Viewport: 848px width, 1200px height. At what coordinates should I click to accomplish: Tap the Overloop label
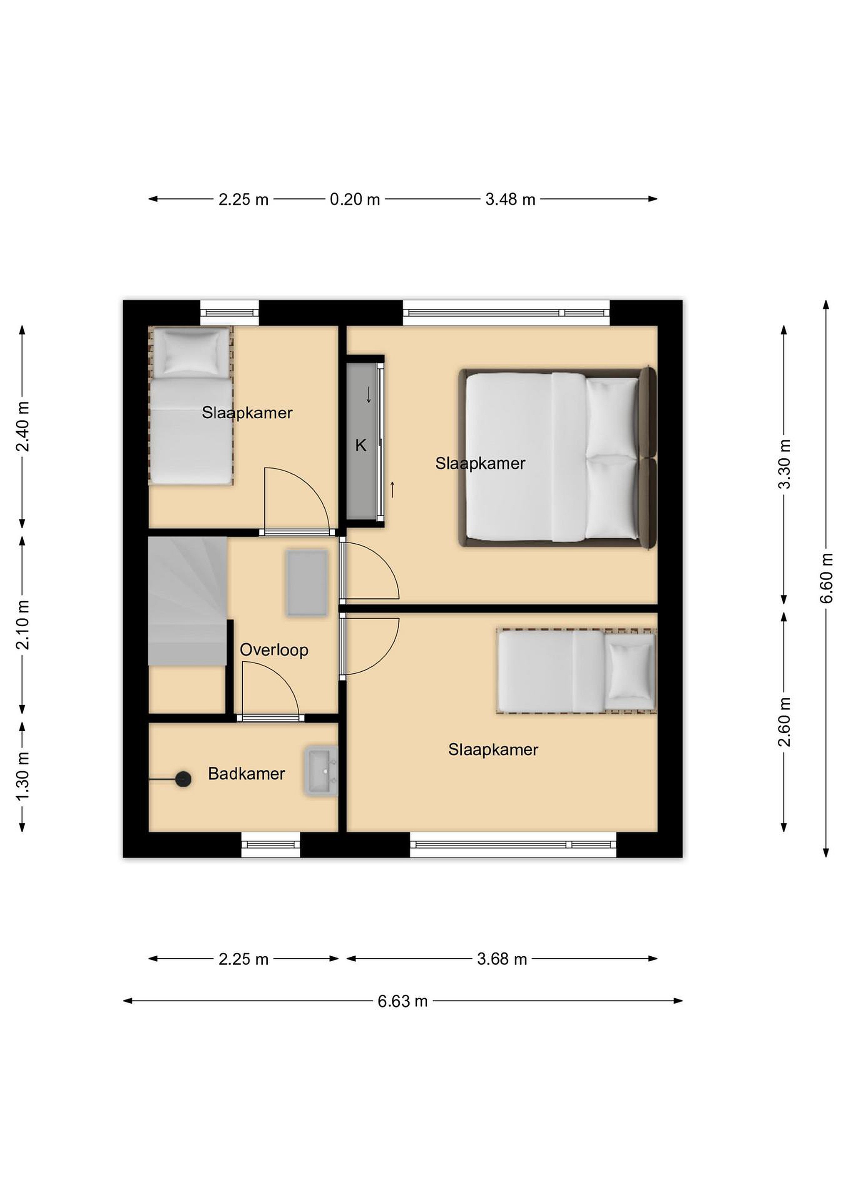point(274,650)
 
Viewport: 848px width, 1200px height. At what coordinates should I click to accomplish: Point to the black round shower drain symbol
point(183,779)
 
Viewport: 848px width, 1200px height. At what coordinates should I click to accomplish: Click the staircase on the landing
point(187,601)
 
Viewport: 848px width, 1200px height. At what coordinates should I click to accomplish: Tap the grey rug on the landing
point(307,583)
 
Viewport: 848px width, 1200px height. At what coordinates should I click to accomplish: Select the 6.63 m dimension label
point(403,1001)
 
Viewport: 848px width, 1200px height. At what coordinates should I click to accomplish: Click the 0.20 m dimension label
point(355,199)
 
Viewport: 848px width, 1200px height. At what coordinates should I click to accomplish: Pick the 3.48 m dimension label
point(510,199)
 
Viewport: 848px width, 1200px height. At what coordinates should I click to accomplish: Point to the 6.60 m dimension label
point(826,577)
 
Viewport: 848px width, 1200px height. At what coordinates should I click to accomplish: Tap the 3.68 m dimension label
point(502,959)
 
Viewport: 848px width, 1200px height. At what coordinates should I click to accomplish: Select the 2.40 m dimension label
point(22,427)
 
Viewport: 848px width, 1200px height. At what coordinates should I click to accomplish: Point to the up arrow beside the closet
point(392,489)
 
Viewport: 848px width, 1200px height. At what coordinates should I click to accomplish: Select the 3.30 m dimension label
point(784,463)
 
